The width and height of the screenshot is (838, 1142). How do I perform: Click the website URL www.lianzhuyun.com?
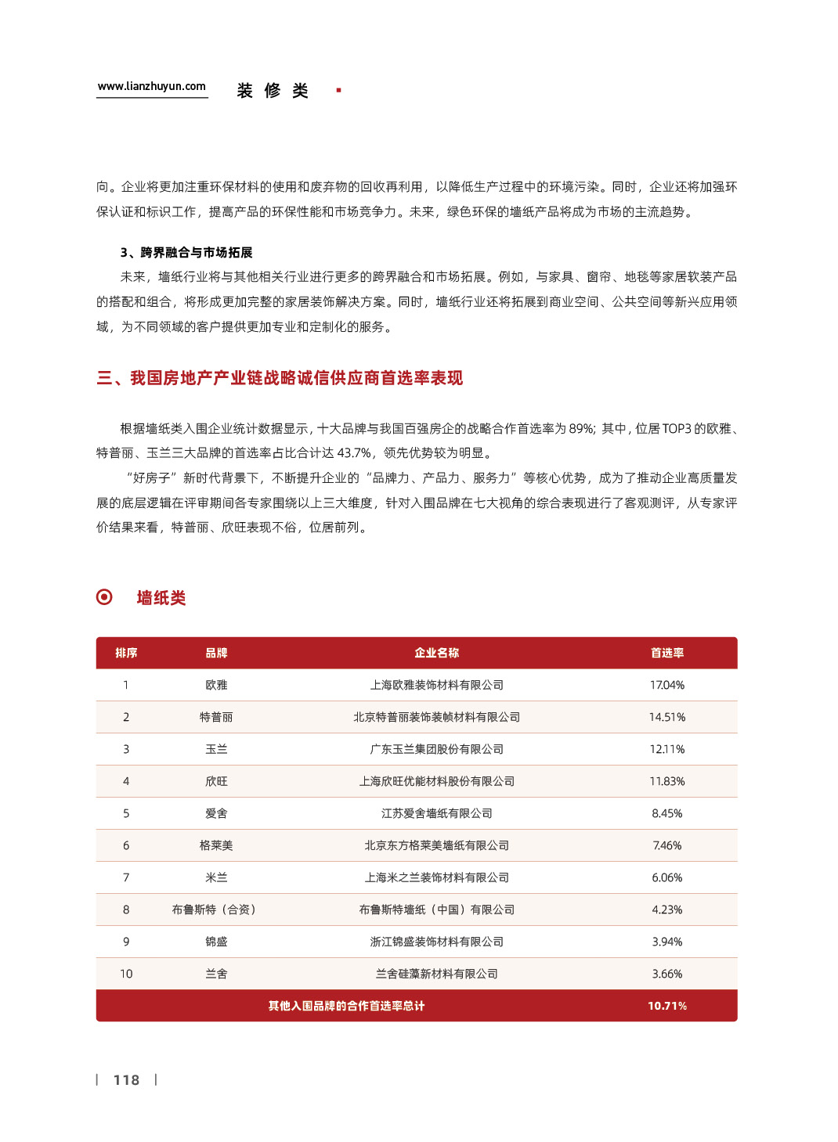tap(152, 87)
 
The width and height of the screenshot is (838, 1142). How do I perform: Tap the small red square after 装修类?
tap(338, 91)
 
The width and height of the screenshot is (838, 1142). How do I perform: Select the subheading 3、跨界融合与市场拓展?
tap(186, 252)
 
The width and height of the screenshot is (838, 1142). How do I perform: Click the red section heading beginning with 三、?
tap(280, 378)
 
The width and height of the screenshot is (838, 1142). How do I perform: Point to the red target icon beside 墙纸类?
tap(104, 597)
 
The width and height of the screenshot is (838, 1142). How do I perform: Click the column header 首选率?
tap(666, 653)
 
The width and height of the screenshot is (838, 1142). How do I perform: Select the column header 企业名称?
tap(436, 653)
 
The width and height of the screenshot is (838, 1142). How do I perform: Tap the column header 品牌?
tap(216, 653)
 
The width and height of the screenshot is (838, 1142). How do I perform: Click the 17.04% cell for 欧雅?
tap(666, 685)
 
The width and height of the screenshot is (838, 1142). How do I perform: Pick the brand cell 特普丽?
tap(216, 717)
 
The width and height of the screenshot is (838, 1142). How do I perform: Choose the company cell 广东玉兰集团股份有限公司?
tap(436, 749)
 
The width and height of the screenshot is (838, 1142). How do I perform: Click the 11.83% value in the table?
tap(666, 781)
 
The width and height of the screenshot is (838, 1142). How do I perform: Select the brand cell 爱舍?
tap(216, 813)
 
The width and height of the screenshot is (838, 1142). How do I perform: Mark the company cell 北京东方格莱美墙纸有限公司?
tap(436, 845)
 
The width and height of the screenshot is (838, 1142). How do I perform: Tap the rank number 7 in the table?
tap(126, 877)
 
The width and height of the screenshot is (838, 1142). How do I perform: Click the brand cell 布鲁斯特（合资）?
tap(215, 910)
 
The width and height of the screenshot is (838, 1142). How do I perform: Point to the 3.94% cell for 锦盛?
tap(666, 942)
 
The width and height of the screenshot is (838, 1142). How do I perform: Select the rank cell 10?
tap(126, 974)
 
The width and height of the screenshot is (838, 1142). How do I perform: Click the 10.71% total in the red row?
tap(666, 1006)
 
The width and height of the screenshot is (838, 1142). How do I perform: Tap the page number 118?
tap(126, 1080)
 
